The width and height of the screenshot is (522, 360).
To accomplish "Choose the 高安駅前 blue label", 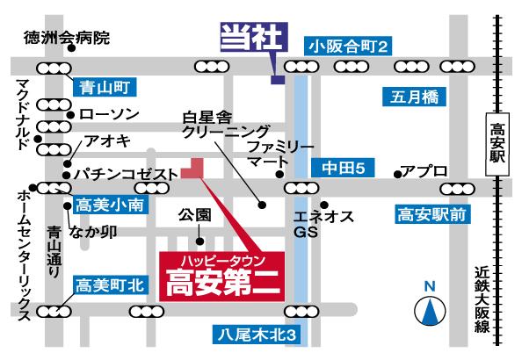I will (431, 213).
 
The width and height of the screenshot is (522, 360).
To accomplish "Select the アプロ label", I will (425, 169).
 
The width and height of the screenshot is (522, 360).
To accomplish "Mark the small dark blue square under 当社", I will (278, 80).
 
